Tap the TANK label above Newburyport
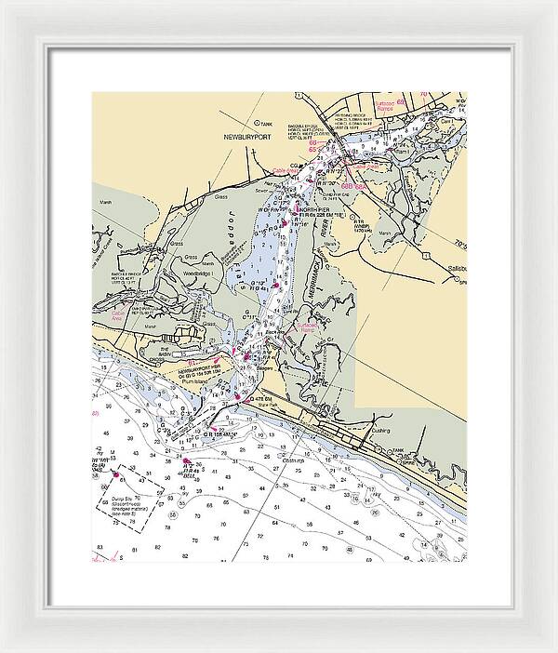(268, 123)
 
